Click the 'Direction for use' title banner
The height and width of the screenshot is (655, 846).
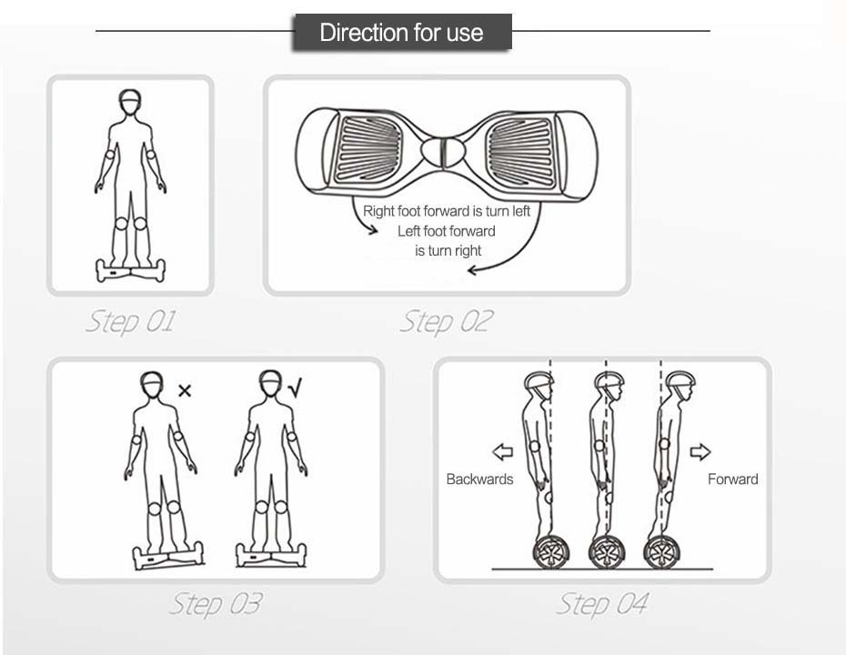(x=402, y=33)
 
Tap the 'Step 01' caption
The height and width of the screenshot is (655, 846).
(x=131, y=322)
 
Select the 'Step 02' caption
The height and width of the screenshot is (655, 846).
(x=447, y=322)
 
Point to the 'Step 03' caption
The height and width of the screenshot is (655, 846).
(x=217, y=604)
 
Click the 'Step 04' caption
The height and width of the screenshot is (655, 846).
(x=602, y=604)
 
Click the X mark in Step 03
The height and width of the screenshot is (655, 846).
(x=185, y=390)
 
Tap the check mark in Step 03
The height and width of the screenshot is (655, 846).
(x=295, y=388)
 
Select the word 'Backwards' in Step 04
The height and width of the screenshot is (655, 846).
(x=479, y=479)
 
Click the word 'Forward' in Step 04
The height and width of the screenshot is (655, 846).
(x=732, y=479)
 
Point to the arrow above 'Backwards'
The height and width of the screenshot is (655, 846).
(x=503, y=451)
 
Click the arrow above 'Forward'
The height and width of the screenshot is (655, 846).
(x=700, y=451)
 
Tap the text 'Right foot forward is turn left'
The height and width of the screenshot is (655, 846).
(x=447, y=211)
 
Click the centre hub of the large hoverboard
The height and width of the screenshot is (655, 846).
(x=443, y=152)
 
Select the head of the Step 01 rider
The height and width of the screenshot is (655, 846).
(x=130, y=102)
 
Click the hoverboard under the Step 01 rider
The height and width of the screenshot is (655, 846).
(x=131, y=270)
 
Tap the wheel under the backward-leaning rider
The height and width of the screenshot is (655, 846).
(x=550, y=552)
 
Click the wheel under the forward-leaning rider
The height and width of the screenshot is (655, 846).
(x=662, y=552)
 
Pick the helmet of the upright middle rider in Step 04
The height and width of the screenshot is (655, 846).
(x=609, y=380)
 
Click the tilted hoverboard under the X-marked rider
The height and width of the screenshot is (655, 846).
(x=168, y=556)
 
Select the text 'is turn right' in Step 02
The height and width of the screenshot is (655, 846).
(x=448, y=251)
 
